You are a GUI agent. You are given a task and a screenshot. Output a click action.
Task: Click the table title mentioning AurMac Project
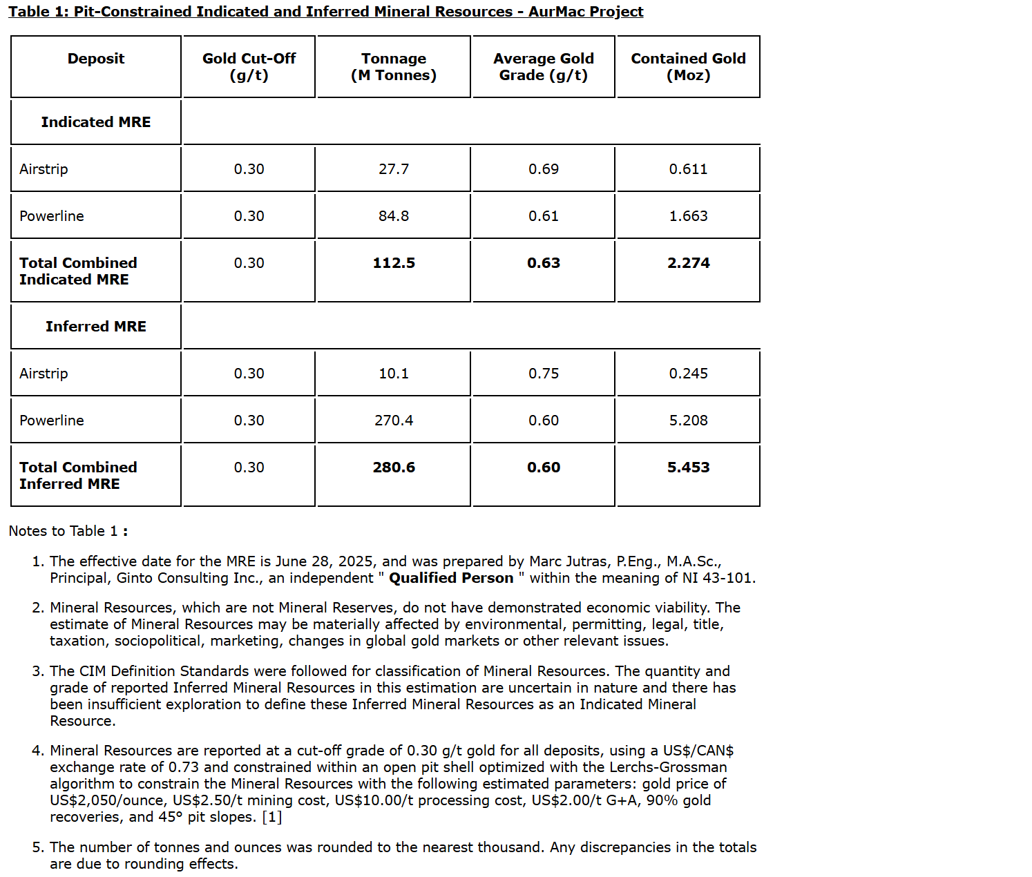click(x=325, y=12)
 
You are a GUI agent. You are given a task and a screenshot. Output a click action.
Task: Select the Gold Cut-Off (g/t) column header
click(x=249, y=67)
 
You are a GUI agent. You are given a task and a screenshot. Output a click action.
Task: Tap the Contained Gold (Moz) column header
click(x=688, y=67)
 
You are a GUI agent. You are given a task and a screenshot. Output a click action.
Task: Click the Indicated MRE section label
click(x=96, y=122)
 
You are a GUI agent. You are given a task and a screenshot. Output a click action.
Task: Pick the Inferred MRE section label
click(x=96, y=327)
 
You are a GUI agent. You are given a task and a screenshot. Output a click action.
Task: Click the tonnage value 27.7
click(x=394, y=169)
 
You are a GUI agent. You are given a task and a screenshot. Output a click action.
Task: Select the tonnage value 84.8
click(x=394, y=216)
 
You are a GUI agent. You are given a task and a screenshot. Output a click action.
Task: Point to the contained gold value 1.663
click(x=688, y=216)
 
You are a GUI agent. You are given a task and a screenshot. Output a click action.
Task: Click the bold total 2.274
click(x=688, y=263)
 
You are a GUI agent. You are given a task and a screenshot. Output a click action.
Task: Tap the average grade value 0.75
click(x=544, y=374)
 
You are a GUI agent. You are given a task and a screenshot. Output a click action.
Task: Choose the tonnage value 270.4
click(x=394, y=421)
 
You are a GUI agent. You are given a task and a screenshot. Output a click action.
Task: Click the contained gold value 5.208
click(x=688, y=421)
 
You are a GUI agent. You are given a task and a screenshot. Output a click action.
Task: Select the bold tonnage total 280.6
click(x=394, y=468)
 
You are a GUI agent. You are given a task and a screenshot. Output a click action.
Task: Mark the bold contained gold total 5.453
click(x=688, y=468)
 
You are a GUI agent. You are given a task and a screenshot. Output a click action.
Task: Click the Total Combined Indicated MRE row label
click(x=78, y=271)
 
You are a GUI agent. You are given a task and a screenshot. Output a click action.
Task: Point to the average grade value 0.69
click(x=544, y=169)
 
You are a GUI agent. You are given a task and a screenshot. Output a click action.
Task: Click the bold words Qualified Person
click(x=451, y=578)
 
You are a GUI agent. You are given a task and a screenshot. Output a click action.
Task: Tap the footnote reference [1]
click(x=272, y=817)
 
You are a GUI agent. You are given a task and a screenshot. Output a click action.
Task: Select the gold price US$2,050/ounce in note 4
click(x=107, y=800)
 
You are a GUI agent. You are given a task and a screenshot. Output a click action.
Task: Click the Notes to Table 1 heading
click(x=68, y=531)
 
